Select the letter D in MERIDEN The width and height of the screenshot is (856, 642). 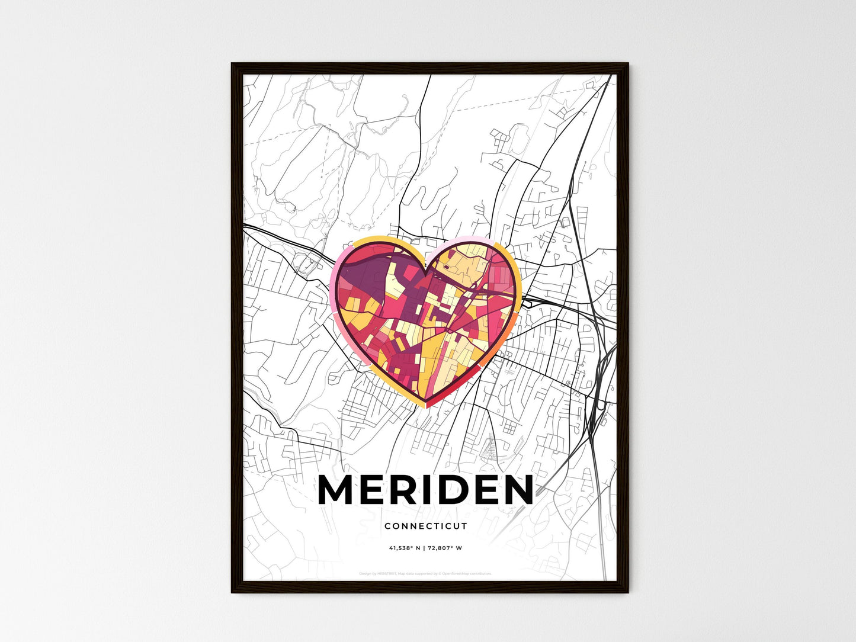(453, 490)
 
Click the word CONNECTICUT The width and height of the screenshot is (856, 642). (425, 526)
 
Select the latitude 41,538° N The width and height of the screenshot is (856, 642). (405, 548)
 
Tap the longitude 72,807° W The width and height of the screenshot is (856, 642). (445, 548)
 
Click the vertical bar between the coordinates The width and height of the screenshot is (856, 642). (424, 548)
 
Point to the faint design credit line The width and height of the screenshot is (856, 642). (425, 573)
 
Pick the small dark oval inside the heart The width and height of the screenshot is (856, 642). (445, 267)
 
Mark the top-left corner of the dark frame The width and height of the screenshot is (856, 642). (232, 64)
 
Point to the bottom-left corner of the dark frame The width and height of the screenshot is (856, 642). (232, 592)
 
